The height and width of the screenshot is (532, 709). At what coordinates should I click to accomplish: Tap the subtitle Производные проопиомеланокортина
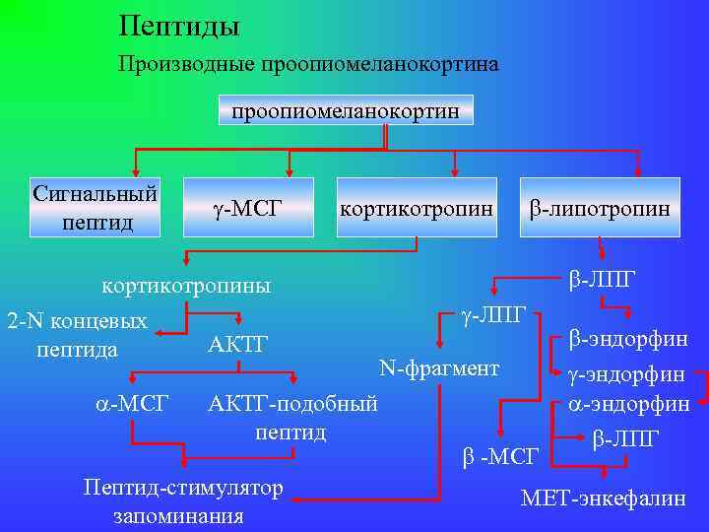click(308, 65)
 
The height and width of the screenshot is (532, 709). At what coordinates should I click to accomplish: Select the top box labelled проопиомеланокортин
click(345, 110)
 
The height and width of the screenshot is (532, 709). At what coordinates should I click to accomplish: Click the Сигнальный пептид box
click(96, 208)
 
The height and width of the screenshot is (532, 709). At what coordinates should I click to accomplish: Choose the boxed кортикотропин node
click(416, 208)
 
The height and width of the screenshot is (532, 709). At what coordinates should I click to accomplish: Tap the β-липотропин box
click(600, 208)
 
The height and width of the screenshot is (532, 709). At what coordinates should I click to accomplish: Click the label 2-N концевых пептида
click(77, 335)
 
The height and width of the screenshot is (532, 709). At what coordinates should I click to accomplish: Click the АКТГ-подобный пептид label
click(292, 418)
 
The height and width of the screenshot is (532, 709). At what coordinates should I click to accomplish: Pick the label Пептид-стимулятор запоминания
click(183, 501)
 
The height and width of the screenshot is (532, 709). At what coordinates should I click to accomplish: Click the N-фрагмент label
click(439, 369)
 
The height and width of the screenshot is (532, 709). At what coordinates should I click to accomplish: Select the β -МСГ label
click(500, 455)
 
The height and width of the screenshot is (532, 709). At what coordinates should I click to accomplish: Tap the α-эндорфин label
click(627, 404)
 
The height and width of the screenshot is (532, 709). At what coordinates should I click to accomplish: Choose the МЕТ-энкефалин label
click(604, 498)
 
